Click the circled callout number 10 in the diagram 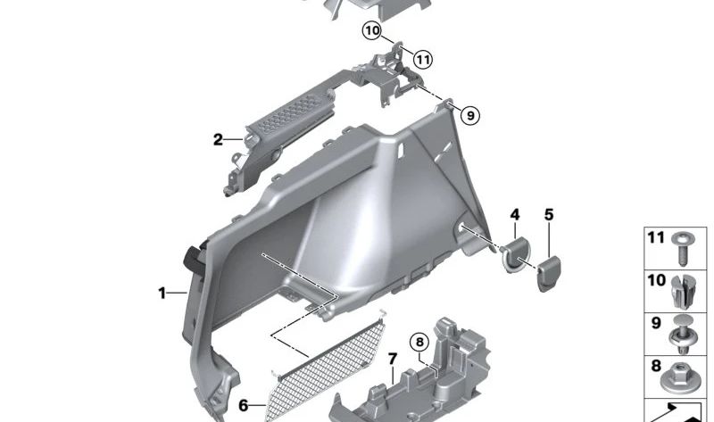click(372, 31)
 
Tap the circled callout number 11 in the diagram click(422, 60)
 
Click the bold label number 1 click(162, 292)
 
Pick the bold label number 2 click(217, 139)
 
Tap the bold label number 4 click(514, 215)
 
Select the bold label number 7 click(391, 359)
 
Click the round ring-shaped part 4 click(515, 254)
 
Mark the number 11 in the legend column click(656, 238)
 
